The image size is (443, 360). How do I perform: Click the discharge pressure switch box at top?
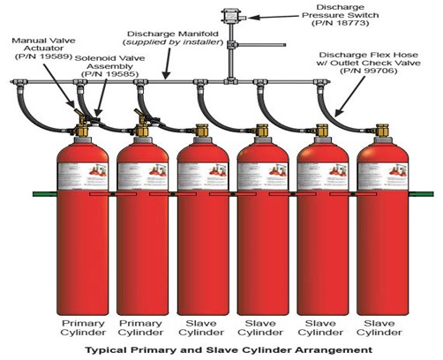230,16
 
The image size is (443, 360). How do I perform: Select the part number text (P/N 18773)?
340,23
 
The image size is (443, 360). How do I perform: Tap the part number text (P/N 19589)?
43,56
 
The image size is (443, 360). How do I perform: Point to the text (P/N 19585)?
109,74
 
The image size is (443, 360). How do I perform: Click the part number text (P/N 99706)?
369,71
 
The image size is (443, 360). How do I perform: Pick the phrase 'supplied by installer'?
173,42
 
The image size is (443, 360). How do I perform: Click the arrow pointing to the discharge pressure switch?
274,17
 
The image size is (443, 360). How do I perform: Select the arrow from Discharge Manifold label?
168,64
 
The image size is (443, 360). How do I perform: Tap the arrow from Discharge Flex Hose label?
349,96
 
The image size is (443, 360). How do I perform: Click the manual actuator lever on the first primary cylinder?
79,112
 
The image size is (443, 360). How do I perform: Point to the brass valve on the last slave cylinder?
382,131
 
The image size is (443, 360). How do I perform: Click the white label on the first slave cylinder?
203,176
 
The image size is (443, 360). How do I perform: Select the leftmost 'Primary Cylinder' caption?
83,328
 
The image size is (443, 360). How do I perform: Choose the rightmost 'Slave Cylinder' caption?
379,328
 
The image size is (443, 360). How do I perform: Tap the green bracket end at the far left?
44,194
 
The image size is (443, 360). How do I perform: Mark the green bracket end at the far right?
421,194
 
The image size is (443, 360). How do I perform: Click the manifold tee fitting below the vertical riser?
230,81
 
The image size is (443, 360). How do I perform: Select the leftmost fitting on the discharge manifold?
19,82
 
